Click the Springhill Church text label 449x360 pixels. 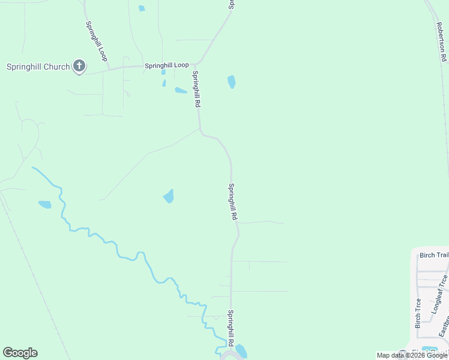point(38,67)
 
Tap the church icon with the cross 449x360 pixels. point(79,66)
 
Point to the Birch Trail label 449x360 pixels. point(434,256)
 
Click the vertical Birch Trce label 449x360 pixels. point(418,313)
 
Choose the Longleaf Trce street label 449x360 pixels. point(439,295)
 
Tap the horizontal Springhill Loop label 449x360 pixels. point(166,65)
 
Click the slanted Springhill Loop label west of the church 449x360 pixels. point(95,41)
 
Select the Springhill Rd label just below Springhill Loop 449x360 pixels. point(195,88)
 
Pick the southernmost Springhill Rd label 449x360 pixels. point(230,328)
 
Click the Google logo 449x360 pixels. point(20,353)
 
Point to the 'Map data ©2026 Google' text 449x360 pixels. point(412,355)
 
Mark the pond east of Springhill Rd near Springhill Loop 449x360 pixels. point(231,82)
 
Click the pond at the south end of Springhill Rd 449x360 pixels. point(241,351)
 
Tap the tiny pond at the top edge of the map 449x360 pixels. point(142,8)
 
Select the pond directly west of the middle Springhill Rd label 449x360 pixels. point(169,196)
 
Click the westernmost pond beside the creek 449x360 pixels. point(45,205)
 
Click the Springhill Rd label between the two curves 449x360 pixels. point(233,202)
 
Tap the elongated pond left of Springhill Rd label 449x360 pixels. point(181,91)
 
